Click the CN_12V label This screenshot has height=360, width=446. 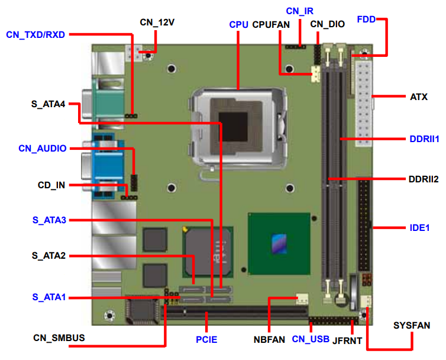[157, 23]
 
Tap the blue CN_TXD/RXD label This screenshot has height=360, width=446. [35, 34]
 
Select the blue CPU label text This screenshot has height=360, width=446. [238, 25]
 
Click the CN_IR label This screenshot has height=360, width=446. [299, 11]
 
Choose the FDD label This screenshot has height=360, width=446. [366, 20]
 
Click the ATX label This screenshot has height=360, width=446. [418, 97]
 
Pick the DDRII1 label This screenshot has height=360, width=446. [424, 140]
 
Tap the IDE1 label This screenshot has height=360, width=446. [419, 227]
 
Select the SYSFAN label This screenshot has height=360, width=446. [412, 326]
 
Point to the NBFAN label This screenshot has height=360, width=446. [269, 339]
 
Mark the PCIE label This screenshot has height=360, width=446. [206, 339]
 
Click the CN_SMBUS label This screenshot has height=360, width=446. [59, 338]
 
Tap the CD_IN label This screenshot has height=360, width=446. [51, 185]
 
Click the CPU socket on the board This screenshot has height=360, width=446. [239, 121]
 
